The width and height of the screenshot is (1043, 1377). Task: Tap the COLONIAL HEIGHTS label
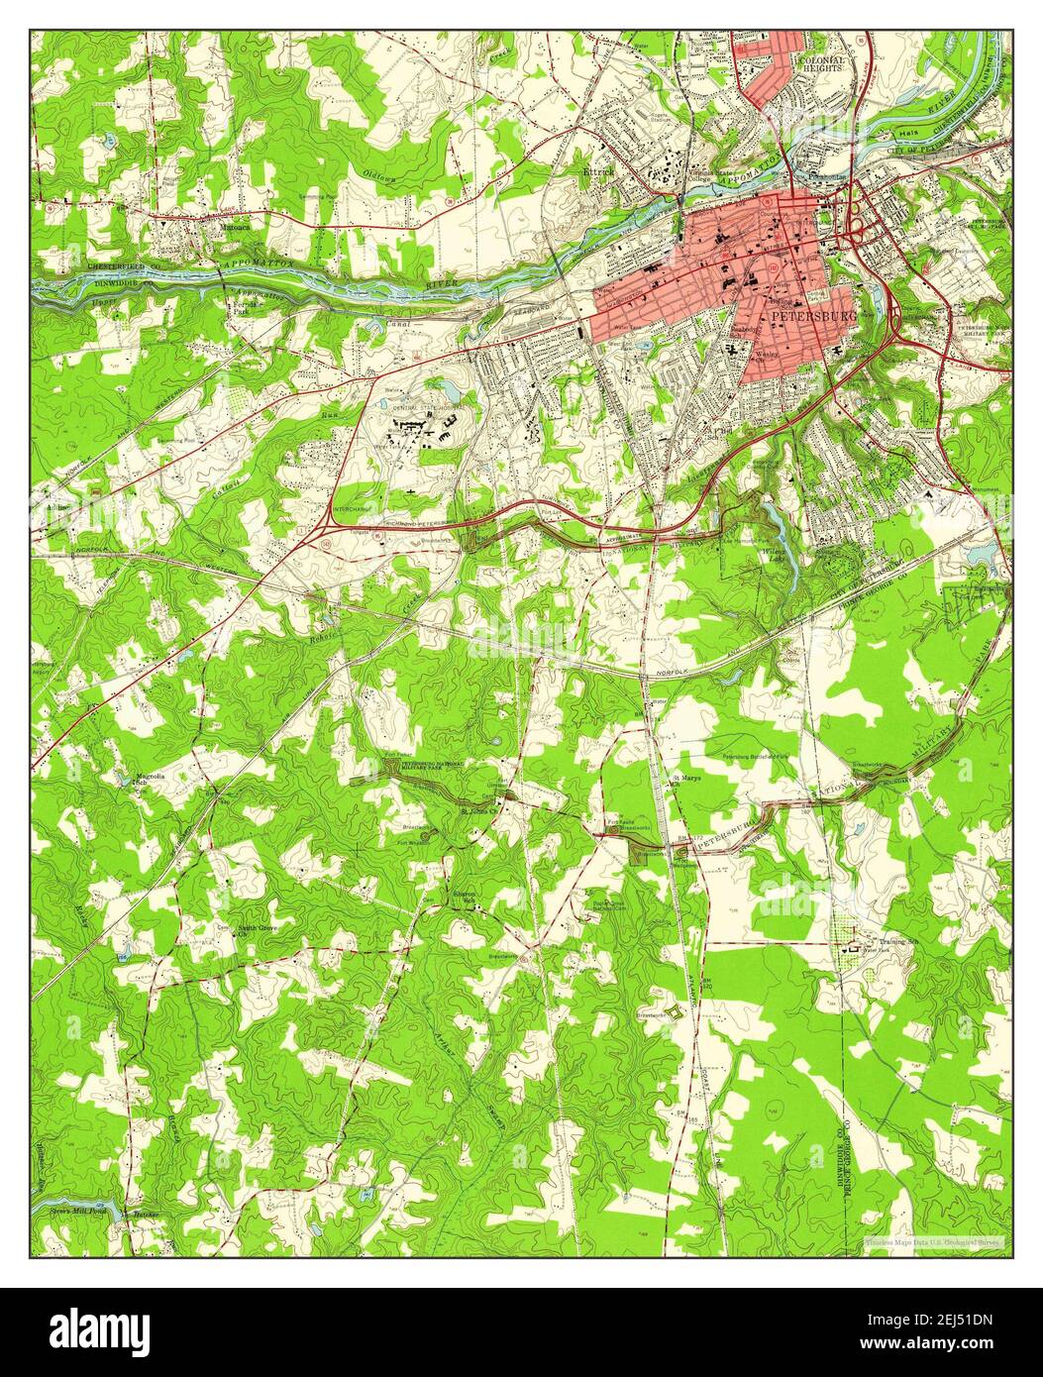[822, 64]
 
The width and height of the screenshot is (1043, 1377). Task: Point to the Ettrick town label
[598, 170]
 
